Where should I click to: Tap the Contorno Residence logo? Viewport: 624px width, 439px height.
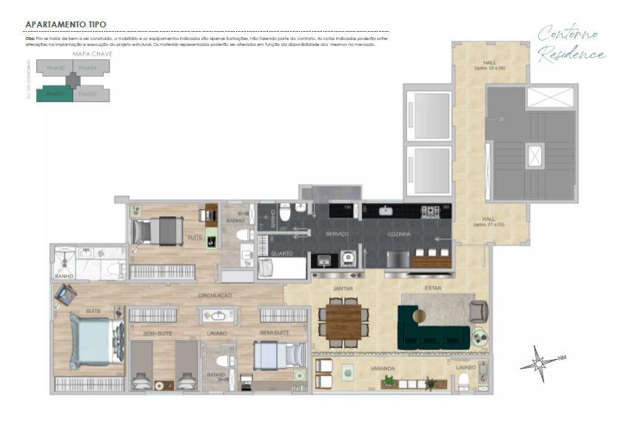pyautogui.click(x=571, y=44)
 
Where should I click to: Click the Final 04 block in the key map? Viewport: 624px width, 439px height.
pyautogui.click(x=89, y=69)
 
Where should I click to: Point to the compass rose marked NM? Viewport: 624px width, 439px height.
pyautogui.click(x=540, y=363)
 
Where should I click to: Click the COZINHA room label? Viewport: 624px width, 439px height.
pyautogui.click(x=398, y=234)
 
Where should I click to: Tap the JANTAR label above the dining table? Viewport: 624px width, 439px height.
pyautogui.click(x=342, y=288)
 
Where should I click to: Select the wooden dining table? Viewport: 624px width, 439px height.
pyautogui.click(x=343, y=321)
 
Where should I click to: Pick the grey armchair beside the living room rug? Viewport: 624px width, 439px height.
pyautogui.click(x=478, y=311)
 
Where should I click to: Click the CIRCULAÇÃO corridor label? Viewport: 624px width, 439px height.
pyautogui.click(x=215, y=295)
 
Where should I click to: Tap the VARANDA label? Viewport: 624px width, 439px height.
pyautogui.click(x=383, y=367)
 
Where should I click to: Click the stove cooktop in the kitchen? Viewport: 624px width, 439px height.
pyautogui.click(x=430, y=212)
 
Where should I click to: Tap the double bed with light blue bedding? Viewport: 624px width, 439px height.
pyautogui.click(x=95, y=340)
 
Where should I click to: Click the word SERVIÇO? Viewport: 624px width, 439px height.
pyautogui.click(x=338, y=234)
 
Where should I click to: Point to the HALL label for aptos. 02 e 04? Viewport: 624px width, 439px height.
pyautogui.click(x=490, y=64)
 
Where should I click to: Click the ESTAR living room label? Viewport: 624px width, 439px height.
pyautogui.click(x=433, y=288)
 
